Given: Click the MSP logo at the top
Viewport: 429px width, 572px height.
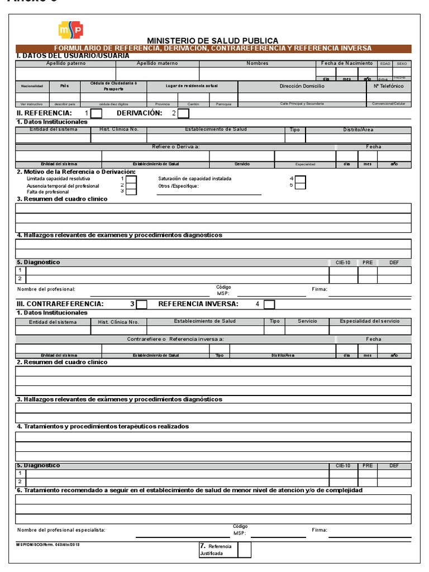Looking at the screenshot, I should coord(71,30).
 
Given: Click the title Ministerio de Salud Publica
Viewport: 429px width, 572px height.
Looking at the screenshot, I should coord(212,41).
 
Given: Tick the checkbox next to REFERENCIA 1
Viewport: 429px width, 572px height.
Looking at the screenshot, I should coord(96,114).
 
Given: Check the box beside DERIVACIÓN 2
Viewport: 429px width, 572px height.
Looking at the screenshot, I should coord(183,114).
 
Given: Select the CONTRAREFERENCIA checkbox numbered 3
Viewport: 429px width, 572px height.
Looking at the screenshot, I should coord(142,304).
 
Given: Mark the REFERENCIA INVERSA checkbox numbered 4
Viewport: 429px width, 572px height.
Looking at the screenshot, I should coord(269,304).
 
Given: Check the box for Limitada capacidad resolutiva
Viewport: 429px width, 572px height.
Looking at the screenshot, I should coord(131,179).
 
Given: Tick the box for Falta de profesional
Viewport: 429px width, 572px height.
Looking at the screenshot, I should coord(131,192).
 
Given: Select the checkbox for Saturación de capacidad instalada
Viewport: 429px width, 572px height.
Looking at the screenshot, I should coord(300,179).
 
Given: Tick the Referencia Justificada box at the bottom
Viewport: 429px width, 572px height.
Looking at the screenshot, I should coord(244,550).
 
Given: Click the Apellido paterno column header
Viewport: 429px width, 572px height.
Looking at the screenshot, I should coord(65,64).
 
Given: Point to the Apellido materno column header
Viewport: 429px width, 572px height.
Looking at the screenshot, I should coord(157,64).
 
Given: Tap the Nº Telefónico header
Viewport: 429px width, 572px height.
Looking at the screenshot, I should coord(389,87).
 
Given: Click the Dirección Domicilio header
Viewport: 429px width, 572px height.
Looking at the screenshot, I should coord(302,87).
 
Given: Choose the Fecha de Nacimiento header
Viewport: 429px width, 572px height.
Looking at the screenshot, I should coord(347,64).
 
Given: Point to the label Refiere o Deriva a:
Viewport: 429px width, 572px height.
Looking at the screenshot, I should coord(175,147).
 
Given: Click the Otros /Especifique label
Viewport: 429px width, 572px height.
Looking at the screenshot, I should coord(178,186).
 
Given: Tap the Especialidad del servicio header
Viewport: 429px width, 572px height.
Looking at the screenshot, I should coord(370,322).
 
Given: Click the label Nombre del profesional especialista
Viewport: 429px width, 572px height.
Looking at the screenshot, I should coord(61,530).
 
